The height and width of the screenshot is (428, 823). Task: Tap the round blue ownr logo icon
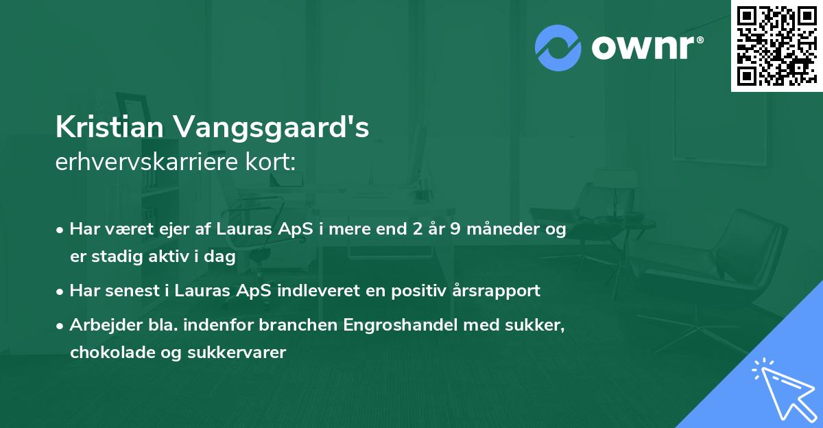(x=558, y=47)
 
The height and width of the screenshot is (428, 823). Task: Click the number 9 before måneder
(x=455, y=230)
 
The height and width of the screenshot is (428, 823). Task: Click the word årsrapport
(x=497, y=291)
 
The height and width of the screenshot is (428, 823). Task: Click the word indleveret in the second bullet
(x=319, y=291)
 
